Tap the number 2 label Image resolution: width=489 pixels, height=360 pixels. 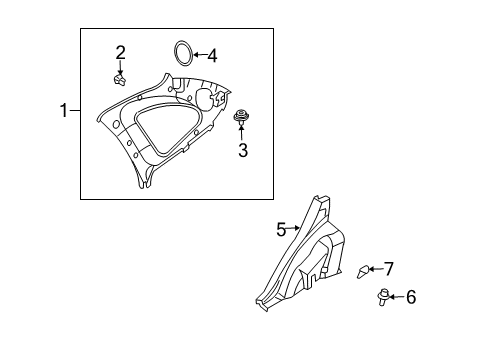[120, 52]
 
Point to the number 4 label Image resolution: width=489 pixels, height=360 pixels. [211, 56]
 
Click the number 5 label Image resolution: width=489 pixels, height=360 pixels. [281, 229]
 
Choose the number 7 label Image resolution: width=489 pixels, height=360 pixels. [389, 268]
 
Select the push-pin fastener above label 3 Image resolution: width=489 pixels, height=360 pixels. [241, 119]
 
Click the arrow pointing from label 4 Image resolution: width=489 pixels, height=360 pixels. [200, 56]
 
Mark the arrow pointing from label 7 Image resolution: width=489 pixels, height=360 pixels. [378, 268]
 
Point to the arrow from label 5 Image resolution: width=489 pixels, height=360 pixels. [293, 230]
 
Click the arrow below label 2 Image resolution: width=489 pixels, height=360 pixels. [120, 65]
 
